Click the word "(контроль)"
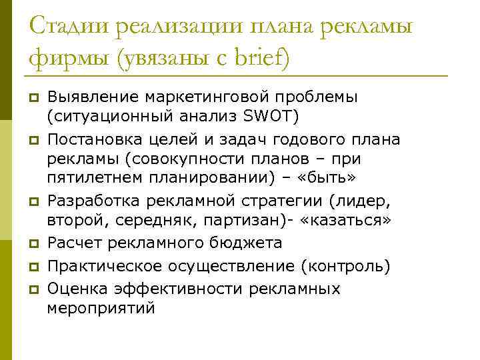(345, 266)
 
